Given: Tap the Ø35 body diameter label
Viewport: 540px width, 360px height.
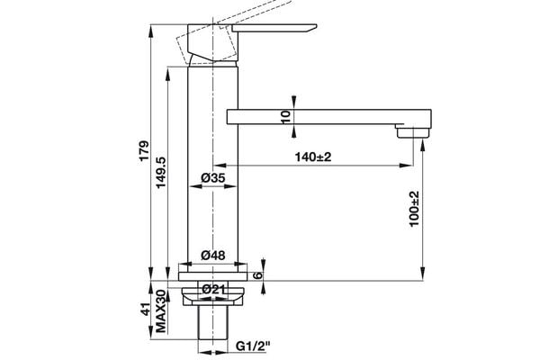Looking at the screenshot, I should [x=212, y=179].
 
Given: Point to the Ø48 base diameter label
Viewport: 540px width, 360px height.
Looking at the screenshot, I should [x=212, y=256].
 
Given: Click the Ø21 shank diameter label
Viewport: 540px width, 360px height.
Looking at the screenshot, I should [x=213, y=288].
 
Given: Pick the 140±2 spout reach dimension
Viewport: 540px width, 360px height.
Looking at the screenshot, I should [x=313, y=157].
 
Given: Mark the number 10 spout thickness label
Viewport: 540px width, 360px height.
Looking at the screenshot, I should [x=286, y=116].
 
